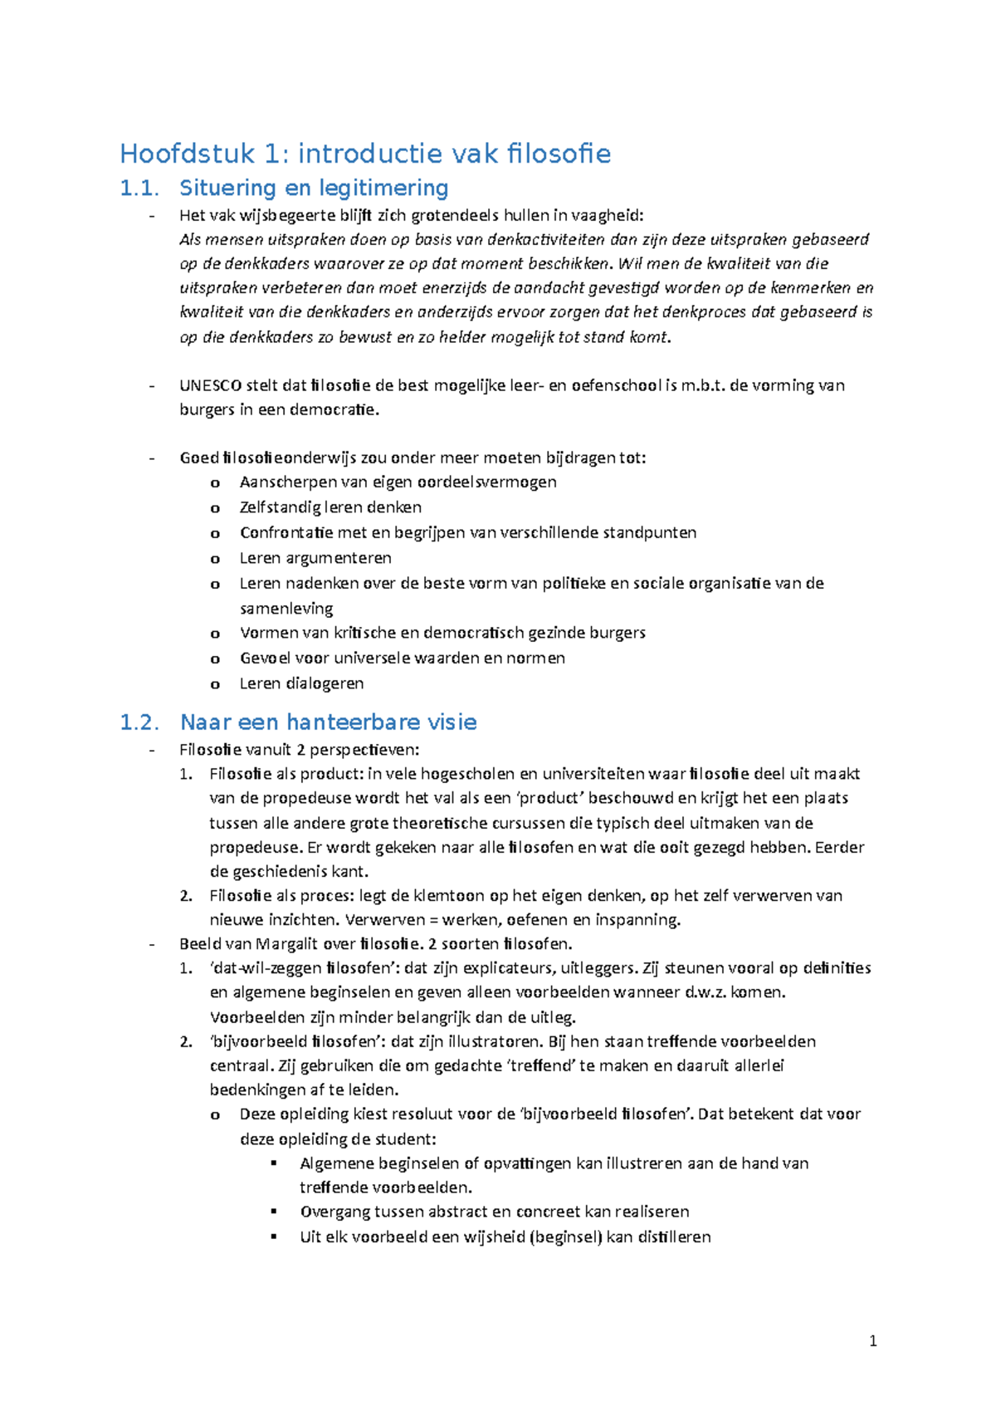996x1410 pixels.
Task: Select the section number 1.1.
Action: click(139, 188)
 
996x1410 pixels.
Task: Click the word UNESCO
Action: click(211, 385)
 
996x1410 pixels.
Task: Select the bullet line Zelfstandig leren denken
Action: click(330, 507)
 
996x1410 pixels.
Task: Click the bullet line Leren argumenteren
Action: click(315, 558)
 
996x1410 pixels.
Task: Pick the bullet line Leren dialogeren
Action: click(301, 683)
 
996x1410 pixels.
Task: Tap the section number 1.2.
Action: click(139, 722)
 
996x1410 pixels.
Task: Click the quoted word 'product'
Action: click(544, 799)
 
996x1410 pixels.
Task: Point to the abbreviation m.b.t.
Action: click(702, 385)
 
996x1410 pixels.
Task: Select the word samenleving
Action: click(286, 609)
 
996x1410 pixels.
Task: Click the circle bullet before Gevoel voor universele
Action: click(215, 659)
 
